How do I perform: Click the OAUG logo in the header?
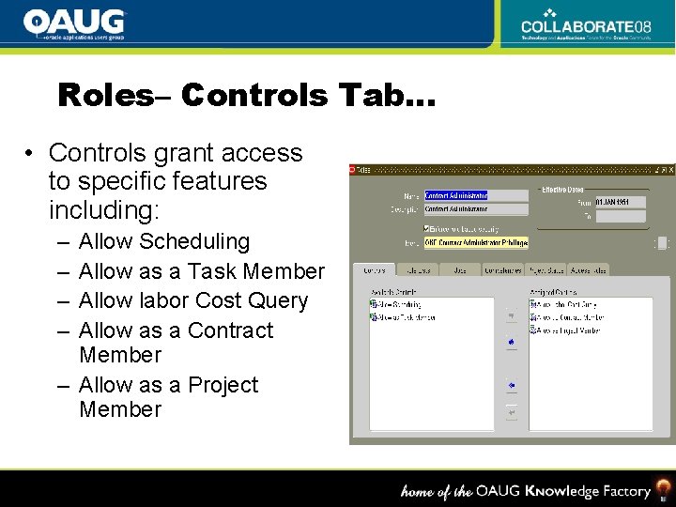pyautogui.click(x=74, y=23)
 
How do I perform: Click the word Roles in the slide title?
pyautogui.click(x=104, y=96)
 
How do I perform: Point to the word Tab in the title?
pyautogui.click(x=370, y=96)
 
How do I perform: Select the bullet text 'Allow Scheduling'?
pyautogui.click(x=164, y=241)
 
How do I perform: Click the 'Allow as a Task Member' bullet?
pyautogui.click(x=202, y=271)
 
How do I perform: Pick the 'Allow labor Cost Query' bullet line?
pyautogui.click(x=193, y=300)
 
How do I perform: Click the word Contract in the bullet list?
pyautogui.click(x=230, y=330)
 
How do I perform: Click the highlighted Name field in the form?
pyautogui.click(x=476, y=196)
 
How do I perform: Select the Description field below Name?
pyautogui.click(x=476, y=209)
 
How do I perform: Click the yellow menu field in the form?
pyautogui.click(x=476, y=242)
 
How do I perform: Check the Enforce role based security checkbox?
pyautogui.click(x=428, y=228)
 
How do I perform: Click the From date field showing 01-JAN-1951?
pyautogui.click(x=620, y=202)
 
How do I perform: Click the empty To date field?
pyautogui.click(x=620, y=216)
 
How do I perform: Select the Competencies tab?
pyautogui.click(x=503, y=270)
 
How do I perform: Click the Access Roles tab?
pyautogui.click(x=589, y=270)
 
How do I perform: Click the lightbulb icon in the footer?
pyautogui.click(x=664, y=490)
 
